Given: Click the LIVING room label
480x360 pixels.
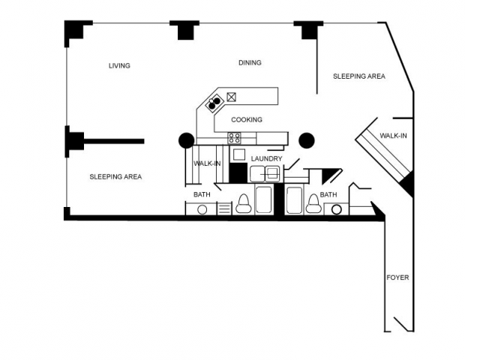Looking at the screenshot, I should [119, 66].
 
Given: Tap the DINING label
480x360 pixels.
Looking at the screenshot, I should [250, 63].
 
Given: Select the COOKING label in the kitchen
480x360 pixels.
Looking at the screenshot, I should [246, 120].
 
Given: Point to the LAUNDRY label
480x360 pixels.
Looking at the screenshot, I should [266, 159].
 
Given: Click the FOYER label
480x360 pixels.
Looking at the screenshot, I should [397, 277].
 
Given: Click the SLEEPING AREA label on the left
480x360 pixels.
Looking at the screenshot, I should [115, 177].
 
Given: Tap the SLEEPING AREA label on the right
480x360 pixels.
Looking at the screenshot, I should [359, 76].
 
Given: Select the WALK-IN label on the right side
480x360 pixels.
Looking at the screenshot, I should [393, 136].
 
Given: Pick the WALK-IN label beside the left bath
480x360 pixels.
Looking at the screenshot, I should [206, 163].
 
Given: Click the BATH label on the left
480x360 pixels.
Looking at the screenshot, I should [202, 195].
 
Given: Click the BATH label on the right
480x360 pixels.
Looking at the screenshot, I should [328, 195].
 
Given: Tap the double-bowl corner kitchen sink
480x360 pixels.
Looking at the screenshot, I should [214, 101].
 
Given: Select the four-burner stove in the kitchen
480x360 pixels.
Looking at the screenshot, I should [235, 138].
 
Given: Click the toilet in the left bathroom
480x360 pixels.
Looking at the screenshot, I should [244, 205].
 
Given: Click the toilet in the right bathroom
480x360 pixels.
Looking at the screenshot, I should [313, 205].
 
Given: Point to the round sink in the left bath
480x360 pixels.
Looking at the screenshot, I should [202, 209].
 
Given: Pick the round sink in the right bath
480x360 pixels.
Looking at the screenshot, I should [336, 209].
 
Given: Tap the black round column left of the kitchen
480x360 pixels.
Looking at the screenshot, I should [186, 140].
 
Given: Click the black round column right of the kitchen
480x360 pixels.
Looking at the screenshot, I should [306, 140].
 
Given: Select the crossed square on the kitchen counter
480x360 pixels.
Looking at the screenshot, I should [232, 96].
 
